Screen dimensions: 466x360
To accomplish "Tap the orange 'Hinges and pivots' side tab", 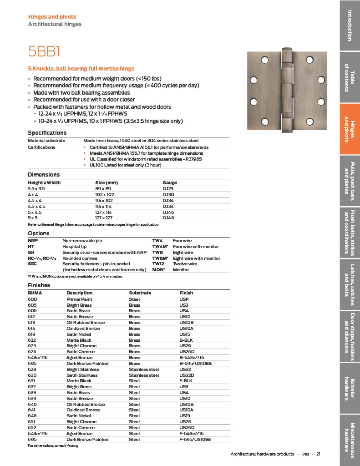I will [x=350, y=129].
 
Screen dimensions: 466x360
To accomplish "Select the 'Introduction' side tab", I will [x=350, y=25].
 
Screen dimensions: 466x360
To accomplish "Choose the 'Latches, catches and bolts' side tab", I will [x=350, y=285].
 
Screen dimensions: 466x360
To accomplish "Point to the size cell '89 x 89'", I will [x=100, y=188].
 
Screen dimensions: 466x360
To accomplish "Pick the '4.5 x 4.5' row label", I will [x=37, y=206].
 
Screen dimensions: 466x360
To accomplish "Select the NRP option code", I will [x=32, y=240].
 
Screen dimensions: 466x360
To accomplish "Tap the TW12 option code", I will [x=157, y=264].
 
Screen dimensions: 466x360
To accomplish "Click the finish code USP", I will [x=184, y=299].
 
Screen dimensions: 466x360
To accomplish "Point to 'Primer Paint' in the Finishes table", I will [x=79, y=299].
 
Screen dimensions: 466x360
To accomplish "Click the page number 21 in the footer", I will [x=319, y=454].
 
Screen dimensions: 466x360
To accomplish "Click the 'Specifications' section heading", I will [x=47, y=132].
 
